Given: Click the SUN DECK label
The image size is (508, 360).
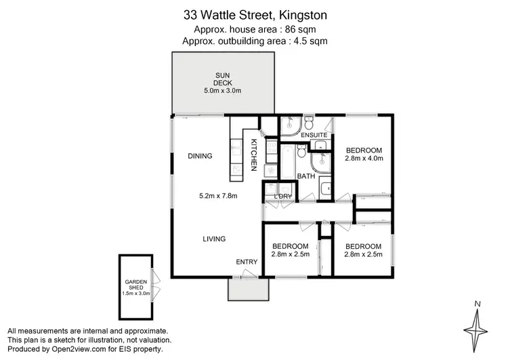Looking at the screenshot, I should click(x=222, y=79).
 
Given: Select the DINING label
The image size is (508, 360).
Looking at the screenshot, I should click(x=200, y=156).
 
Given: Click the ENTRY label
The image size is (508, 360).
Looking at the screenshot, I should click(x=246, y=262).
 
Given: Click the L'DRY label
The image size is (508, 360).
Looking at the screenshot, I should click(x=283, y=197).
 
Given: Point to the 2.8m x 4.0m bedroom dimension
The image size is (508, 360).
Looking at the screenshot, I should click(x=364, y=159).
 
